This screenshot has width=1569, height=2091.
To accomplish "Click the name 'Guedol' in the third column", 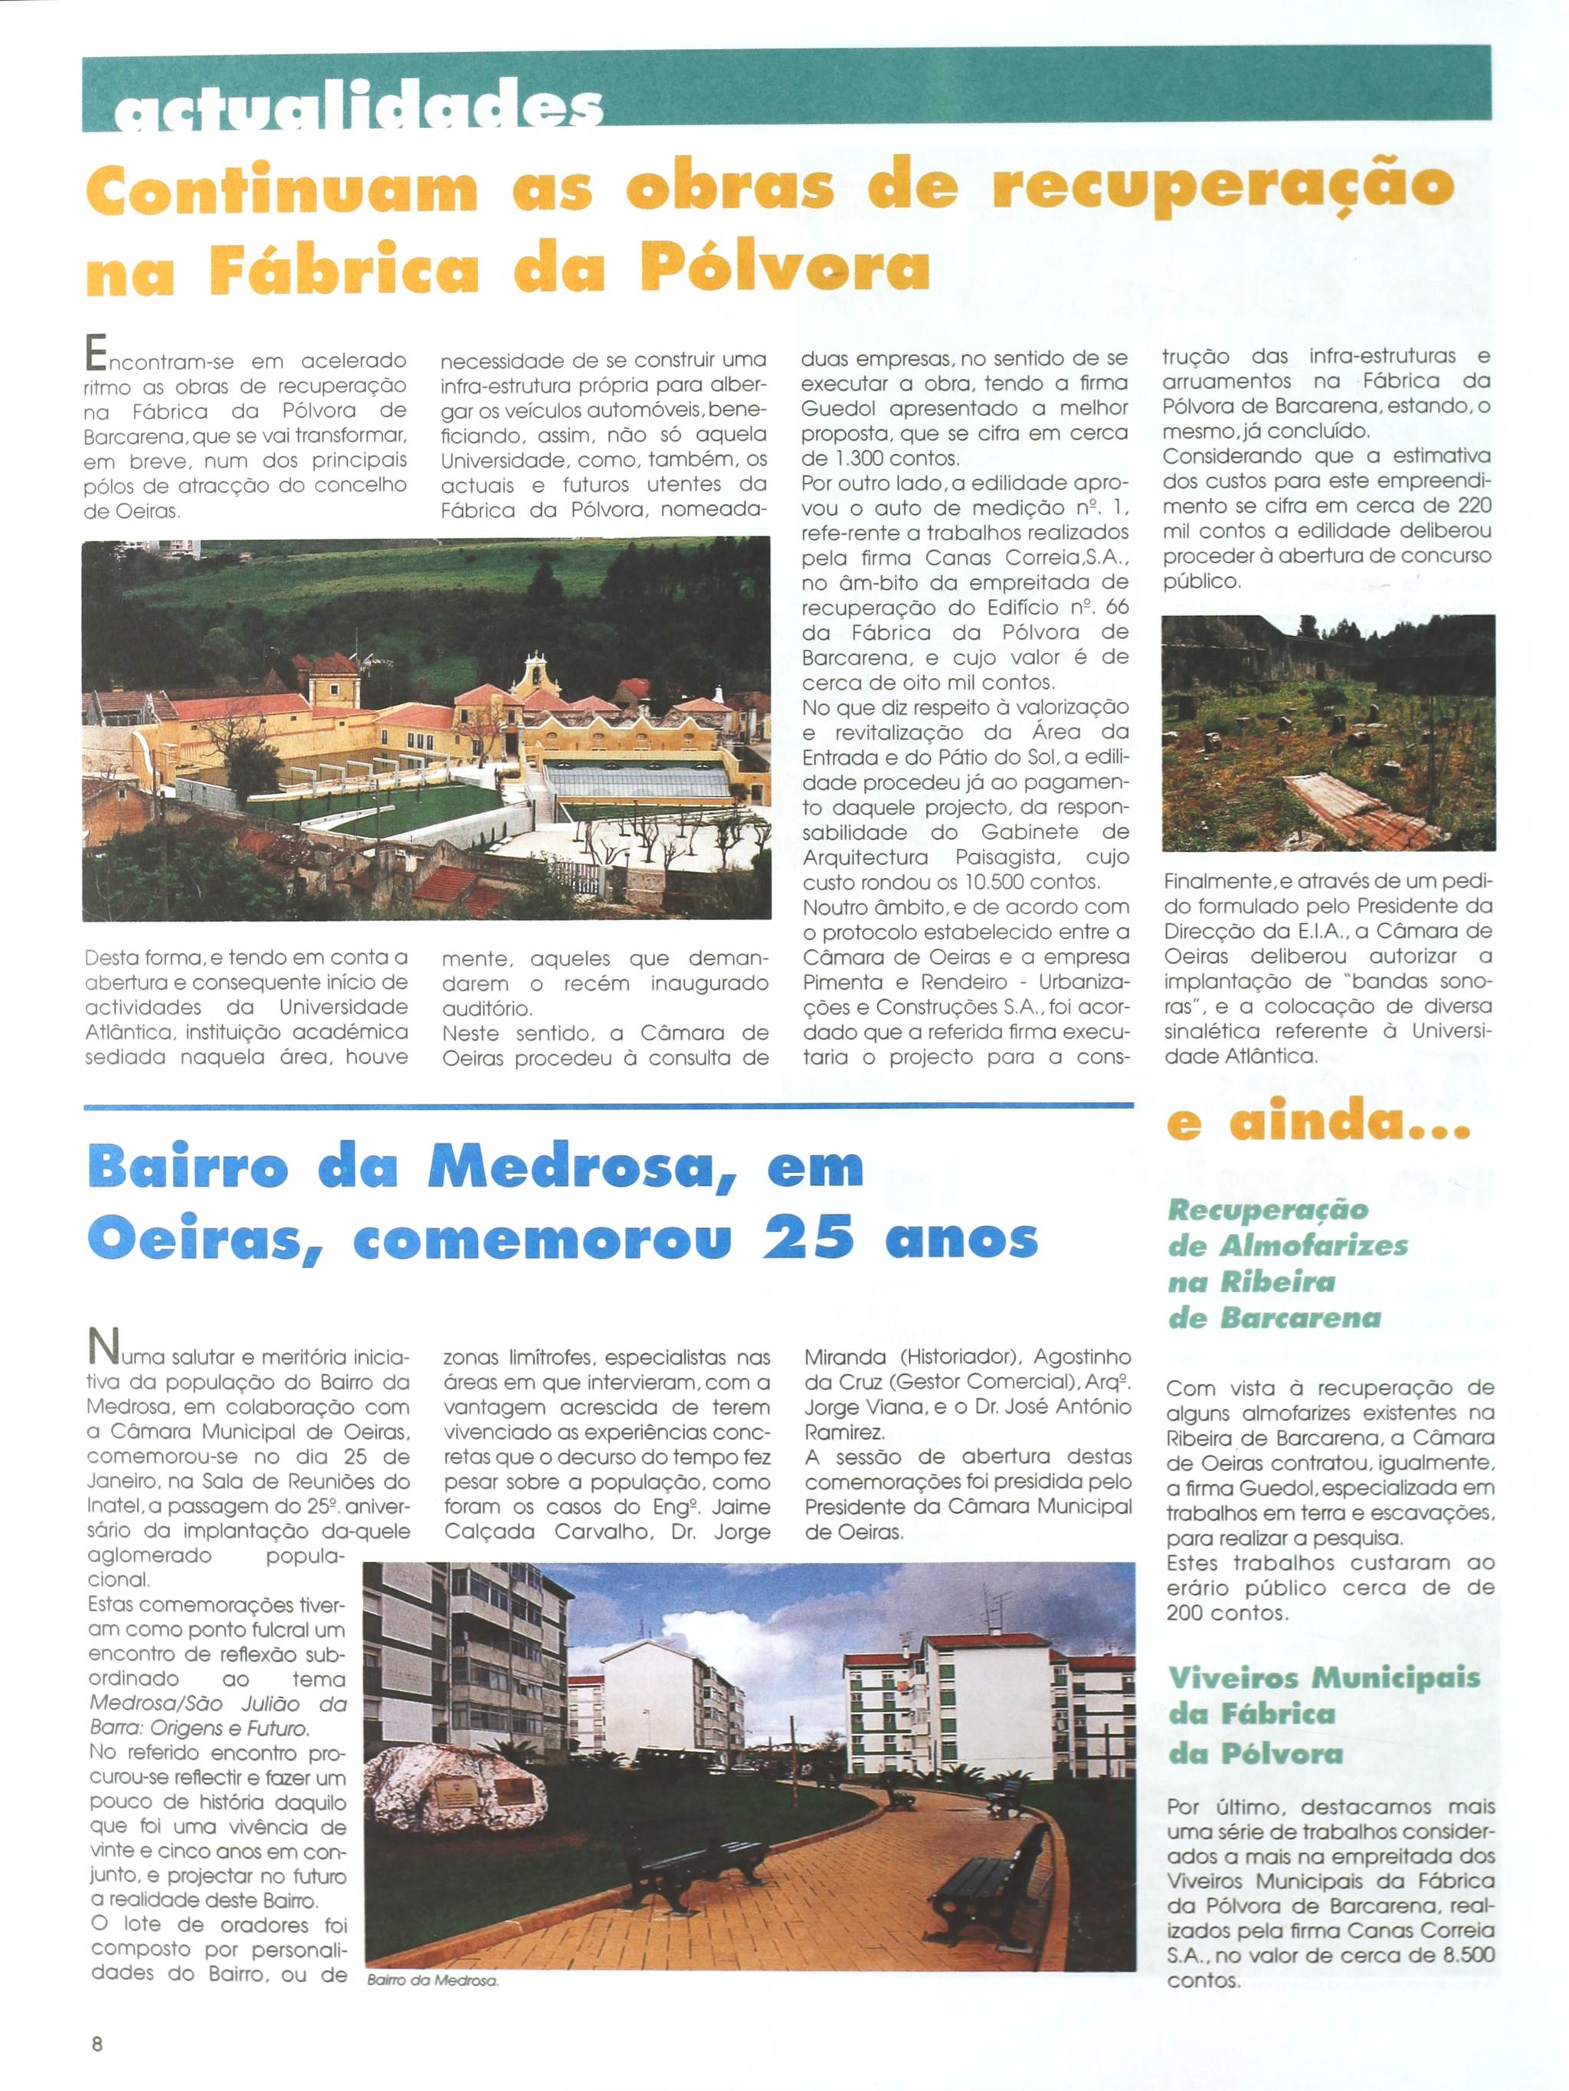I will click(x=837, y=408).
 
